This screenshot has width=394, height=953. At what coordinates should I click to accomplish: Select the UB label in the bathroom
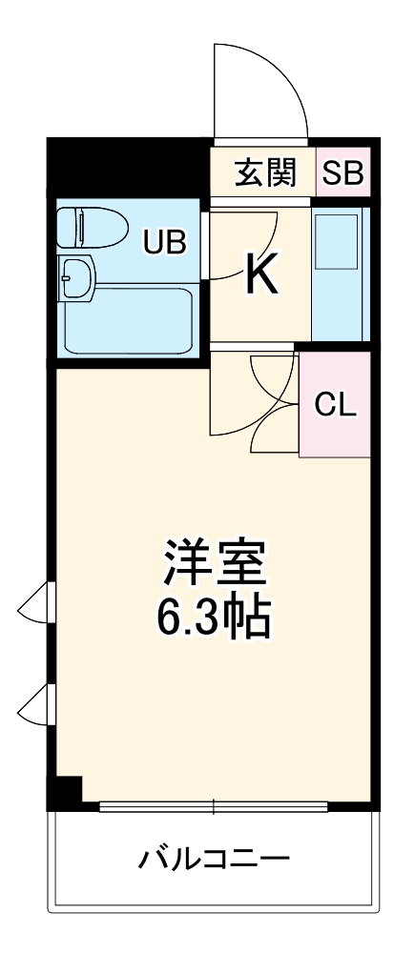pos(164,242)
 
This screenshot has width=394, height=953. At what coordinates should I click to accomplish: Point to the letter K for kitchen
pos(259,274)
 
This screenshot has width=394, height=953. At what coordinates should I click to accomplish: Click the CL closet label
pos(335,405)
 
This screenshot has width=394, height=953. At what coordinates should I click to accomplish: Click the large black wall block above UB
pos(128,166)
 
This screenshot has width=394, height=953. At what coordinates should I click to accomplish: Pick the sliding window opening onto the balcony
pos(214,806)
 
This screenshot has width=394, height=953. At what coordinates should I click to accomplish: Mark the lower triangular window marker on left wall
pos(34,704)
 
